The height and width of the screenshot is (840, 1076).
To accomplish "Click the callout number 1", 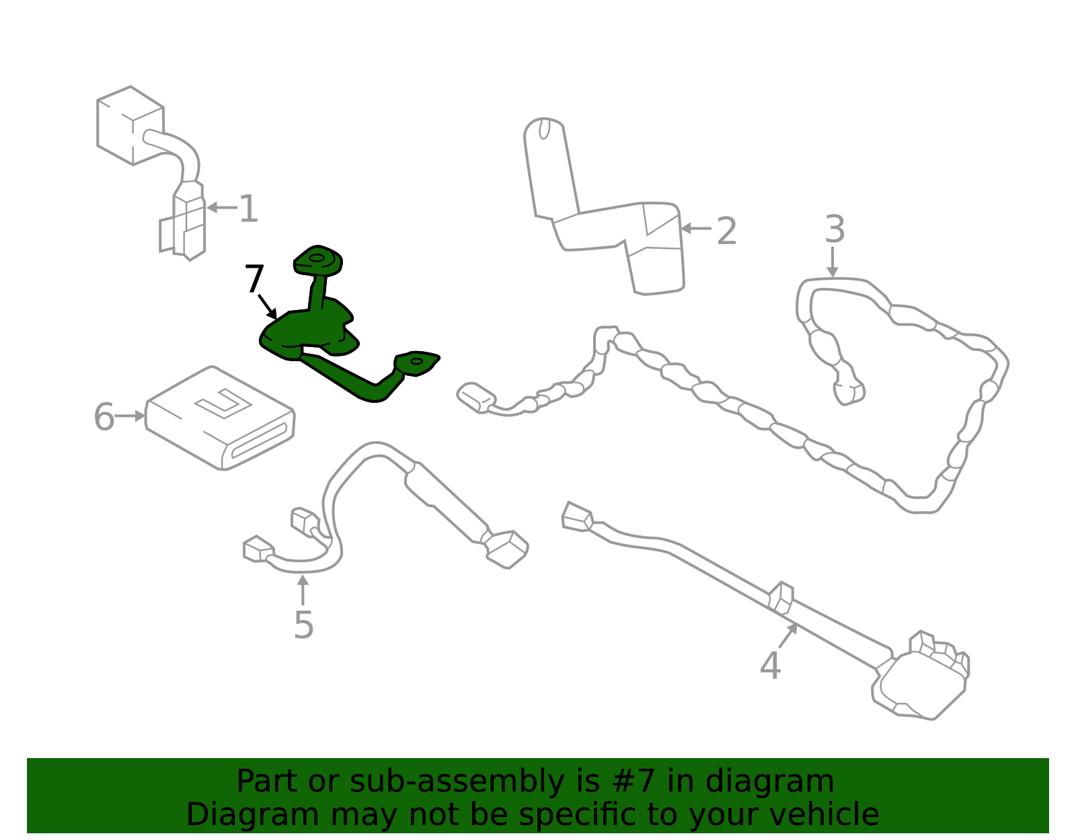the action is point(249,208).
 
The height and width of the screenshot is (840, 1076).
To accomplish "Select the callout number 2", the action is point(726,231).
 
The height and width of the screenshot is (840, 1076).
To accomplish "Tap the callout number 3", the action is point(835,229).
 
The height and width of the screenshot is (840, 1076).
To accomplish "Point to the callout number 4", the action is point(771,666).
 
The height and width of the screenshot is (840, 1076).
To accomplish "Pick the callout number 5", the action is point(303,625).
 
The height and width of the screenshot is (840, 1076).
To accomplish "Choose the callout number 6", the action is point(104,417).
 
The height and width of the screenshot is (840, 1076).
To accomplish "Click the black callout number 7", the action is point(254,278).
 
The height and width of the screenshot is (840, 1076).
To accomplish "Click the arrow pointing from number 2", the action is point(696,229).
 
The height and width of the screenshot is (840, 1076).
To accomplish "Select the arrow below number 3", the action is point(833,262).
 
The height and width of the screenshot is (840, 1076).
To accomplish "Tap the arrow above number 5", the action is point(303,590).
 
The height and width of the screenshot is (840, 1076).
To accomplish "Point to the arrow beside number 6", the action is point(130,416).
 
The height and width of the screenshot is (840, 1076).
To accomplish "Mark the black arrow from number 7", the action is point(268,307).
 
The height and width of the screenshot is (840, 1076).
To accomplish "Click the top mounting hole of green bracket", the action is point(317,258).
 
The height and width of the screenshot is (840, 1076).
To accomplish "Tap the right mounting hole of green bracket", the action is point(416,361).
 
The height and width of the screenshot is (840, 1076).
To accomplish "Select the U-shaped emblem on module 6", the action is point(223,403).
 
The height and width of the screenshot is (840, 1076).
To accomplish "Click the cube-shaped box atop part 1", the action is point(130,126).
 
